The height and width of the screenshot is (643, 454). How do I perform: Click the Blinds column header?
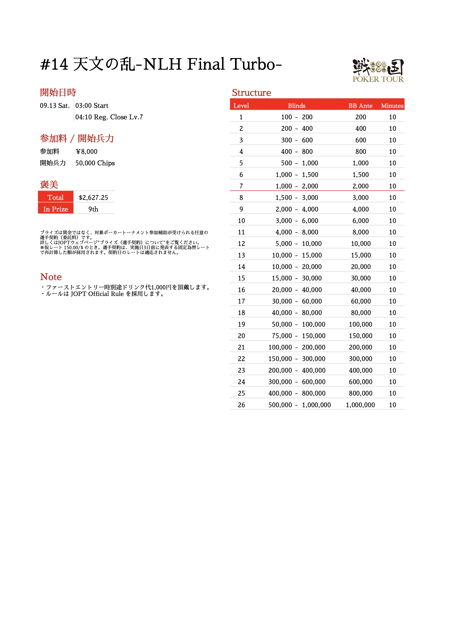pyautogui.click(x=296, y=106)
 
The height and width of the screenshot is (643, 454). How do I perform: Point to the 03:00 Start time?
pyautogui.click(x=92, y=106)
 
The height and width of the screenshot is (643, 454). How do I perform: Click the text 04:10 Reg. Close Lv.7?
pyautogui.click(x=109, y=117)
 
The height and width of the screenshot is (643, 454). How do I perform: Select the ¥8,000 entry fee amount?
pyautogui.click(x=86, y=152)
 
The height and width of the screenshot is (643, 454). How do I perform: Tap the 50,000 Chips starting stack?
pyautogui.click(x=95, y=163)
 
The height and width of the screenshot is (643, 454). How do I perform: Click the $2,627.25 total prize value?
pyautogui.click(x=93, y=198)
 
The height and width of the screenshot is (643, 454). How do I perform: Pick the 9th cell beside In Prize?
pyautogui.click(x=93, y=209)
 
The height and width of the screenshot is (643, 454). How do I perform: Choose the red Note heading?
pyautogui.click(x=51, y=277)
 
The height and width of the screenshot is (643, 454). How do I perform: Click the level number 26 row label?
pyautogui.click(x=241, y=405)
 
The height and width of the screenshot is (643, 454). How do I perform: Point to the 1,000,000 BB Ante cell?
pyautogui.click(x=360, y=405)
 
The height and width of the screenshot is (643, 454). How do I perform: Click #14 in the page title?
pyautogui.click(x=54, y=64)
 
